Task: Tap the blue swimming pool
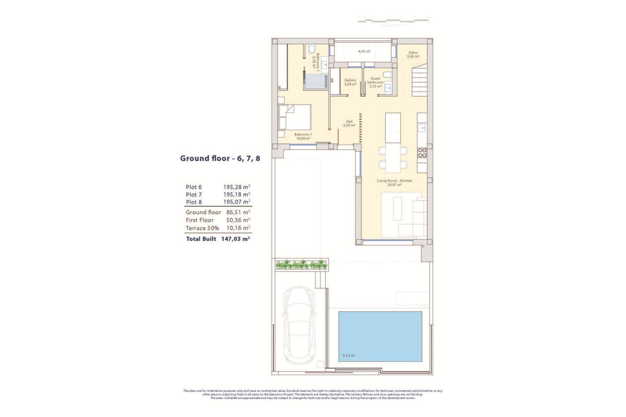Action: click(380, 336)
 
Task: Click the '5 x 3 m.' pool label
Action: click(349, 355)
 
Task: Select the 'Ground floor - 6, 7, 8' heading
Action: click(220, 159)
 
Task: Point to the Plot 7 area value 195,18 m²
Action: click(236, 194)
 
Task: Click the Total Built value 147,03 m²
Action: click(235, 239)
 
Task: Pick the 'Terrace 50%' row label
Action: click(202, 228)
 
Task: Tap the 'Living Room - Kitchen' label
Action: click(394, 181)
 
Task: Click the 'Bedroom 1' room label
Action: click(303, 135)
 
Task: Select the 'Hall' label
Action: click(349, 122)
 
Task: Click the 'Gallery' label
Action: click(350, 80)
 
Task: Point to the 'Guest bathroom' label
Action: click(375, 80)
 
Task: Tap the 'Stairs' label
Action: click(413, 52)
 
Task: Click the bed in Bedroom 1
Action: click(295, 117)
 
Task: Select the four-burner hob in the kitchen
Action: click(422, 153)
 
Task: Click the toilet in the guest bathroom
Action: click(387, 75)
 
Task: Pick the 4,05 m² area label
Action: click(364, 51)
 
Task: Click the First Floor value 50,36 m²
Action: click(238, 220)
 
